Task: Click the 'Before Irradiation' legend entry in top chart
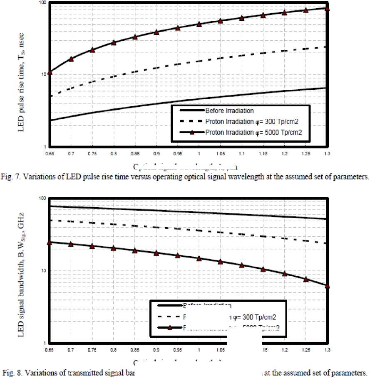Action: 229,111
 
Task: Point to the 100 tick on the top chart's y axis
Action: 42,3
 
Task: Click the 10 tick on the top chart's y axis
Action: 43,75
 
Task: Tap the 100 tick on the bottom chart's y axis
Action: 42,199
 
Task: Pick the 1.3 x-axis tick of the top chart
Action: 327,153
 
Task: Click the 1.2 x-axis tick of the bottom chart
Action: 284,350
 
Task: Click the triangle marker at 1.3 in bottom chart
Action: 327,286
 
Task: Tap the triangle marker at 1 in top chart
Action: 199,24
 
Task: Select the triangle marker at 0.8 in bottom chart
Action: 114,248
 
